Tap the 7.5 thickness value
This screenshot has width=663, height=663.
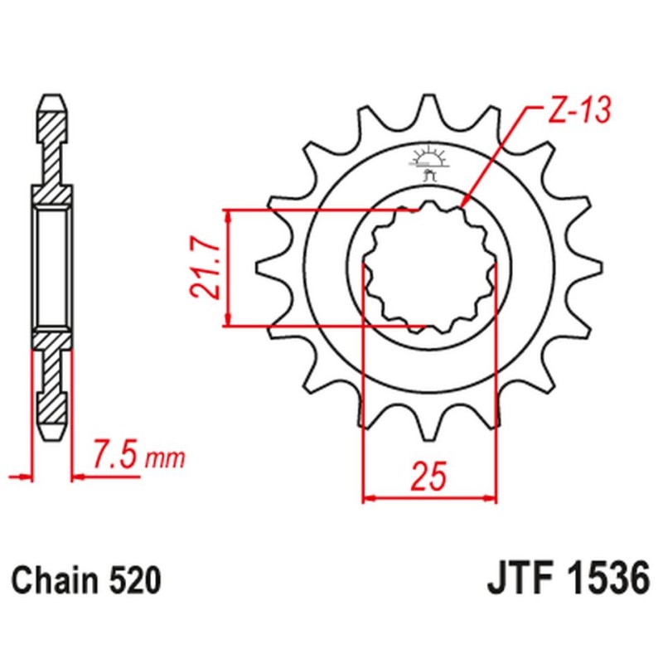115,456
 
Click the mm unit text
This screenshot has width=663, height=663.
166,457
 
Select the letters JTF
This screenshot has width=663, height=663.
513,578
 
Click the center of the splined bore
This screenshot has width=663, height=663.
430,266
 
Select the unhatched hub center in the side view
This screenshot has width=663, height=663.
52,267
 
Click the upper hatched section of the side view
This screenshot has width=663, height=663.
52,145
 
